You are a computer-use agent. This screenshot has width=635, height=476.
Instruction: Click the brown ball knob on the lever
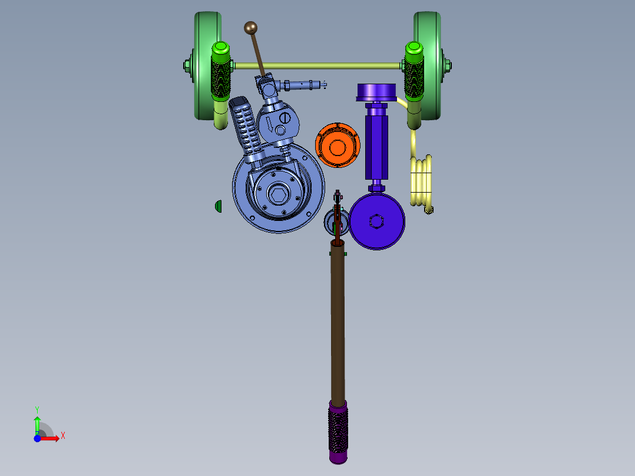pos(251,28)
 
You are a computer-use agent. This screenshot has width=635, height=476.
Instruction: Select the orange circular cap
pos(338,146)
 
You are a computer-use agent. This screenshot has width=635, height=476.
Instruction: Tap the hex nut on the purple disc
pos(376,222)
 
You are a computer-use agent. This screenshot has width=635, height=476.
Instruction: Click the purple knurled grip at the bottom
pos(338,432)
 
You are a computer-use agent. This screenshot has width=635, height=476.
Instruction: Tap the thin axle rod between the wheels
pos(318,65)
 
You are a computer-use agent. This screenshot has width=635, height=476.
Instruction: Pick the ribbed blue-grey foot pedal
pos(246,128)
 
